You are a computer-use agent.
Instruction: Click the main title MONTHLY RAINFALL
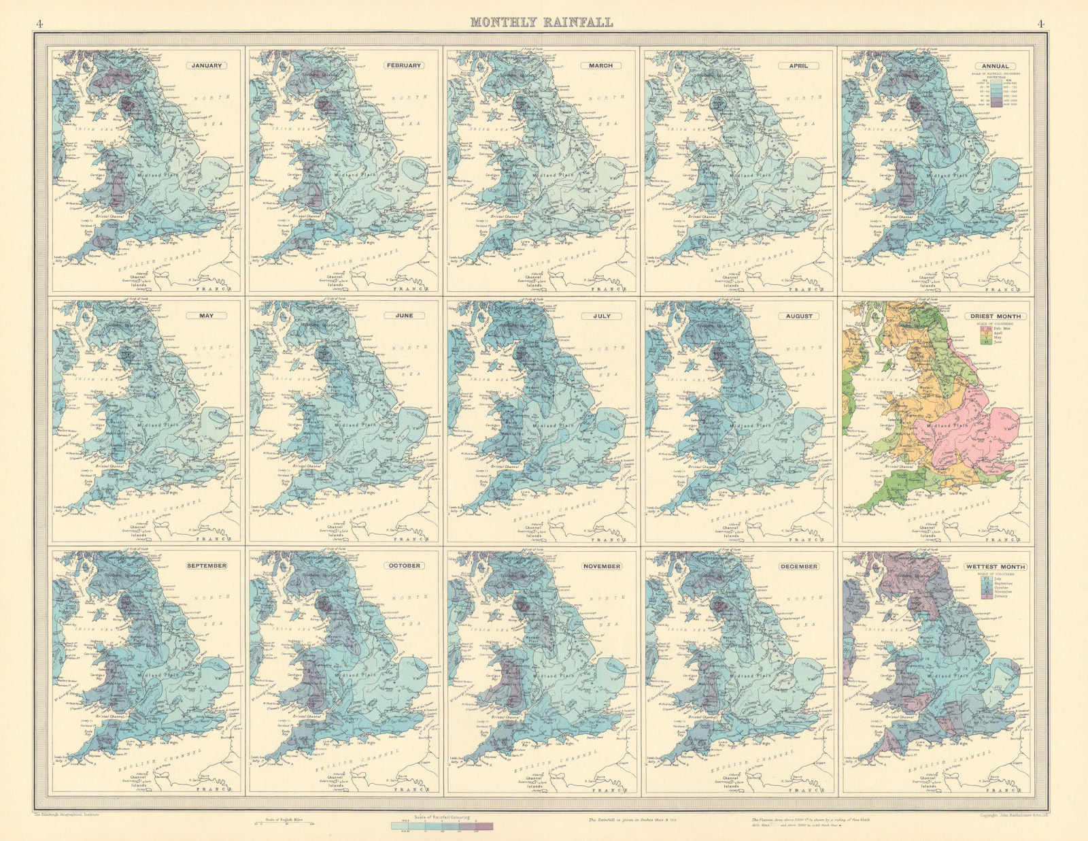pos(541,22)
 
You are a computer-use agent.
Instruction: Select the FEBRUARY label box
pos(404,66)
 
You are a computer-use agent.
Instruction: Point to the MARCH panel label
pos(601,66)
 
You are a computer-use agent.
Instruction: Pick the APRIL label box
pos(798,66)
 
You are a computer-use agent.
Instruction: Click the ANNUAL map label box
pos(996,66)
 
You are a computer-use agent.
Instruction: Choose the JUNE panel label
pos(404,316)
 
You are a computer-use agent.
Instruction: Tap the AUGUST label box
pos(798,316)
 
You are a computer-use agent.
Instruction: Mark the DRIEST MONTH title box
pos(996,316)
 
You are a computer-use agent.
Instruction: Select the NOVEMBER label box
pos(601,566)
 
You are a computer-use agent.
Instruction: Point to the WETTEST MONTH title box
pos(996,566)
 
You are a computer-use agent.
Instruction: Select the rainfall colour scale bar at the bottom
pos(442,825)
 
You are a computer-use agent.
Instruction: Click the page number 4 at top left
pos(39,23)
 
